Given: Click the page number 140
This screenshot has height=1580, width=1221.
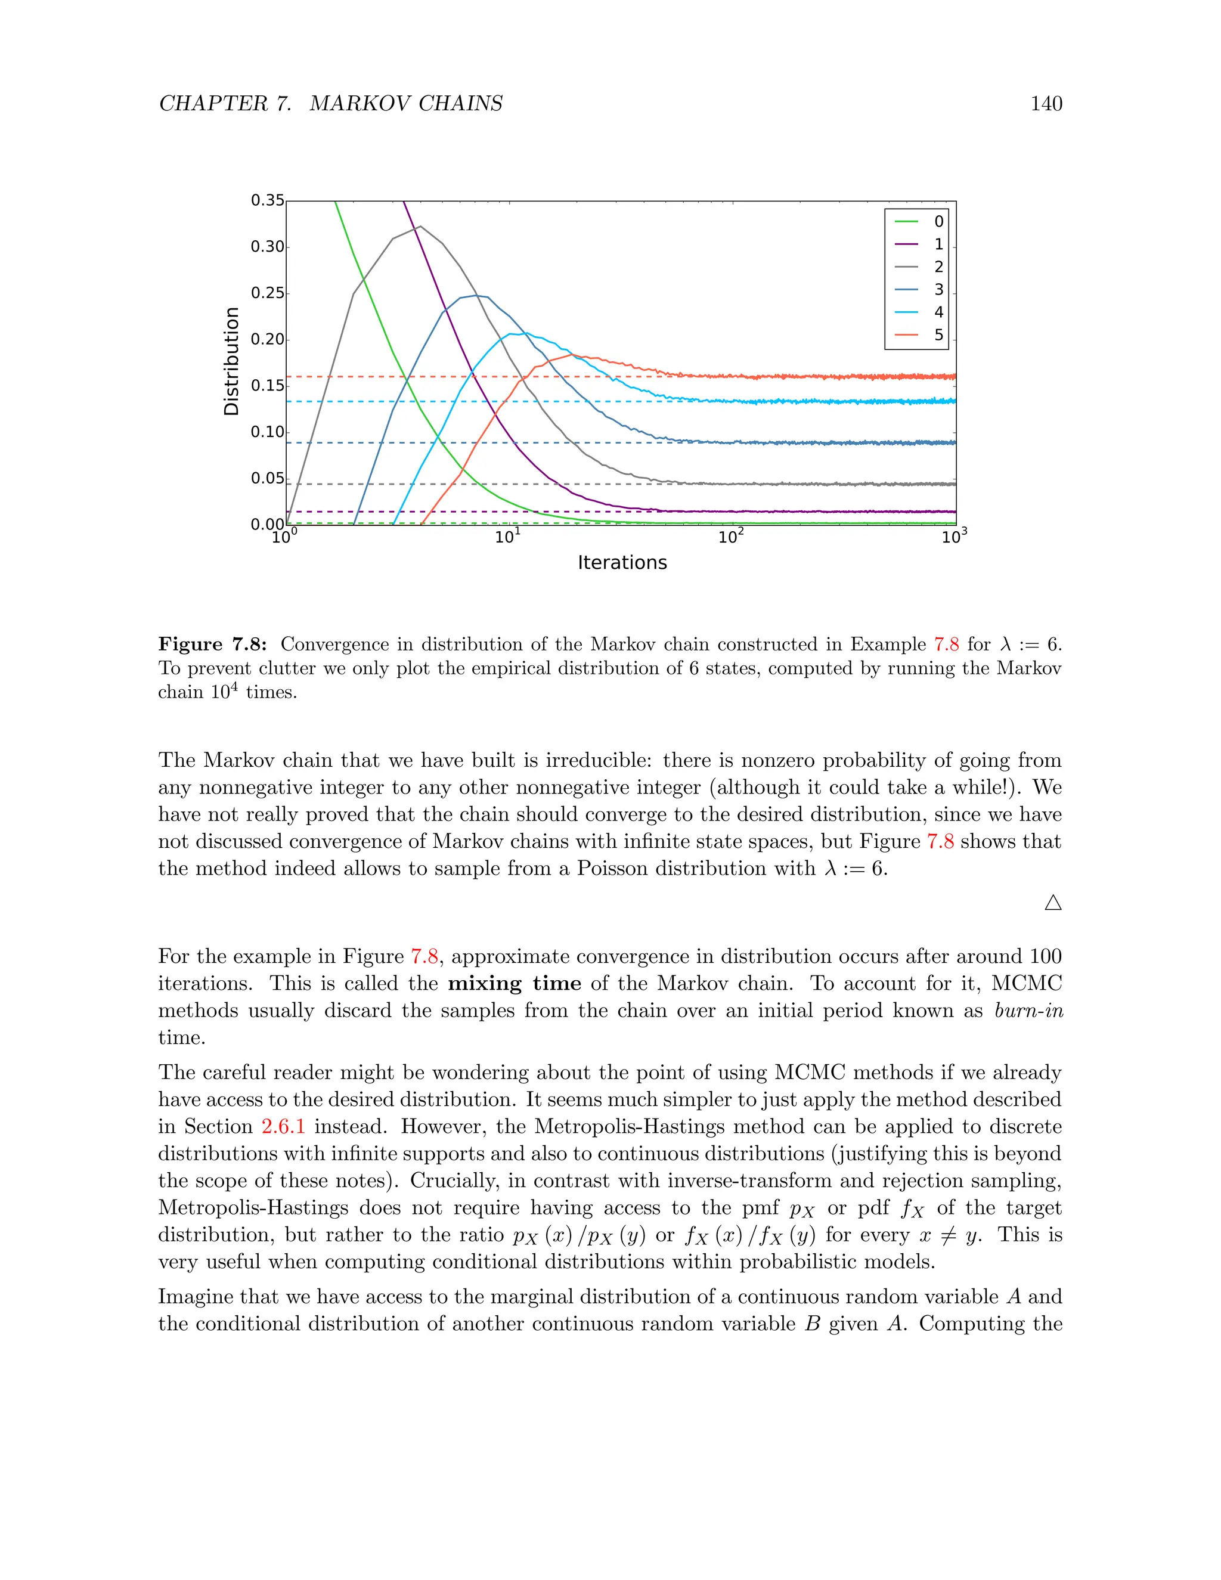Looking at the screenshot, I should (1046, 104).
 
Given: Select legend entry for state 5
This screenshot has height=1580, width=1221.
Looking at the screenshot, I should (919, 335).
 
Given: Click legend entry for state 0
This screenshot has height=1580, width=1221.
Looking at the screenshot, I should (919, 221).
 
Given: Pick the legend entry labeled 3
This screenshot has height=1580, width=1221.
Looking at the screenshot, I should (919, 289).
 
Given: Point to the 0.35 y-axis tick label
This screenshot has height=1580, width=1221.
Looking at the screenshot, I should (267, 200).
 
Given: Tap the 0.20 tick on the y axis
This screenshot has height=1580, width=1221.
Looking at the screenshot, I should (267, 339).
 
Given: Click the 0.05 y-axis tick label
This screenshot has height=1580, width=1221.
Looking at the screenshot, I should (267, 478).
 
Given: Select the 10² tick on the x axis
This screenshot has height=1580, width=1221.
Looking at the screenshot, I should (732, 537).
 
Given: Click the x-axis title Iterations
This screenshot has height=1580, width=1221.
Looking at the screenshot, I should (622, 563).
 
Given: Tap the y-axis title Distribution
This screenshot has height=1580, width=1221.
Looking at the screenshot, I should (231, 361).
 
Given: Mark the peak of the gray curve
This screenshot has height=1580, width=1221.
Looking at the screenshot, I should (420, 227).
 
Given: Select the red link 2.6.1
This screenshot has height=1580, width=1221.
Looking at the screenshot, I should (283, 1127).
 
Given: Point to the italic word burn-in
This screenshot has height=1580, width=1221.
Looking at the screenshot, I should (1028, 1011).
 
